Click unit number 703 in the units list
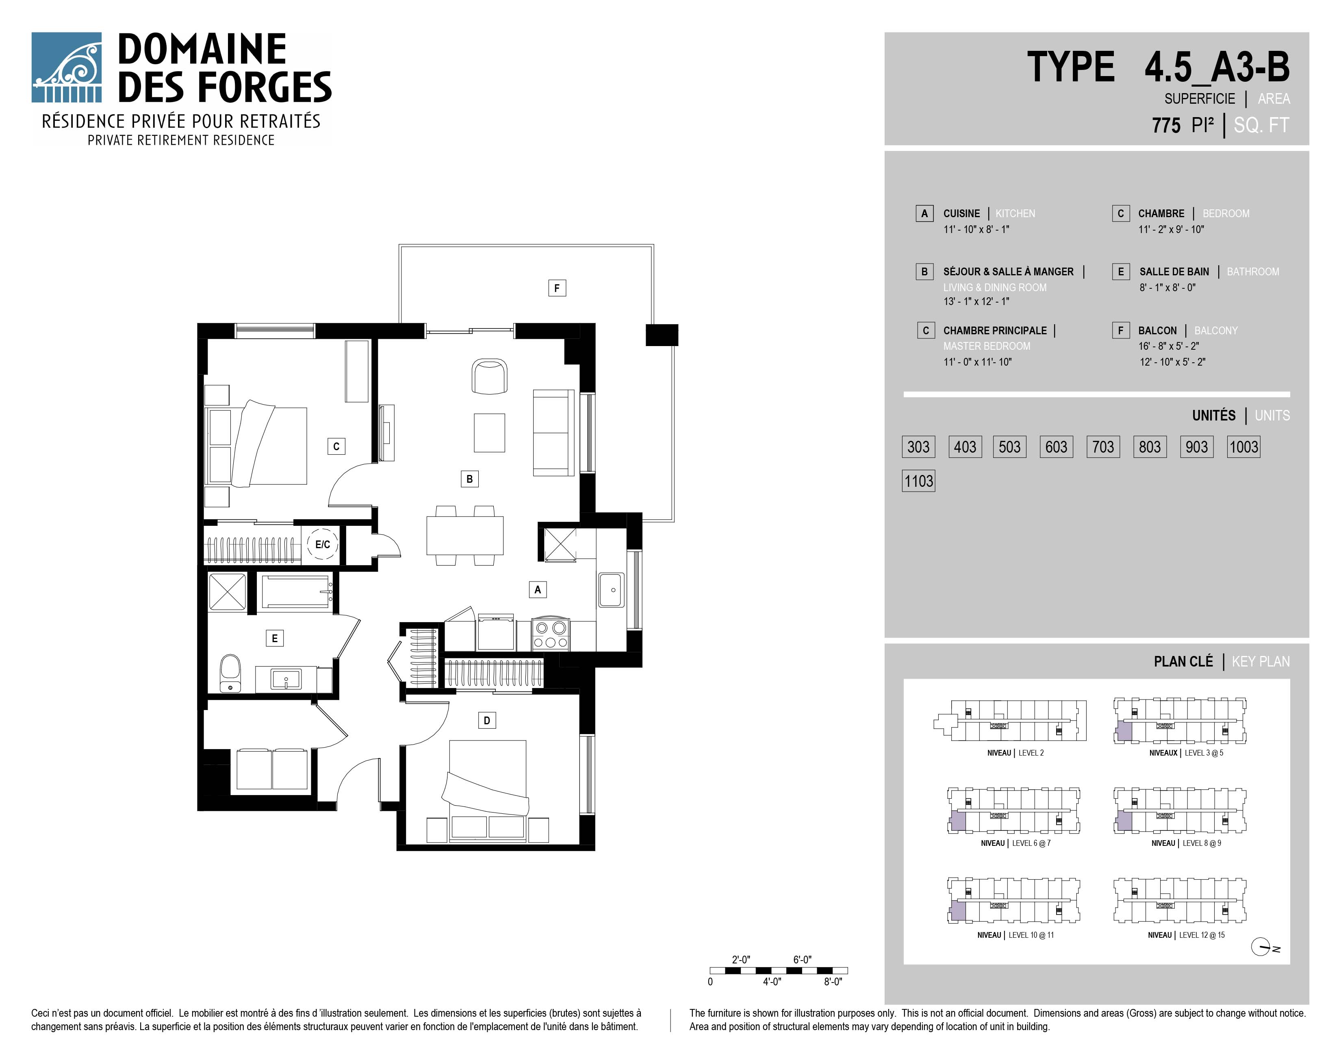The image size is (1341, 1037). tap(1103, 447)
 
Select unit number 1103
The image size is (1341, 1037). tap(918, 481)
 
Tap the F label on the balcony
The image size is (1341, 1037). tap(557, 288)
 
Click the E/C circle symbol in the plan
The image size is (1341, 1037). tap(322, 544)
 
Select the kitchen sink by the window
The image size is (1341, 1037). tap(612, 590)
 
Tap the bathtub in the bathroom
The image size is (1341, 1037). tap(296, 592)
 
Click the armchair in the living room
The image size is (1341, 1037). tap(489, 377)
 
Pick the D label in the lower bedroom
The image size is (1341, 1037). tap(487, 721)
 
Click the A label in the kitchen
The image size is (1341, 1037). tap(538, 590)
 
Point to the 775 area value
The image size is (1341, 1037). tap(1166, 125)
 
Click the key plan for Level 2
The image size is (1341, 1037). tap(1010, 721)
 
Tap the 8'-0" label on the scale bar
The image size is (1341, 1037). tap(833, 982)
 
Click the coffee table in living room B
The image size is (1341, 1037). tap(489, 433)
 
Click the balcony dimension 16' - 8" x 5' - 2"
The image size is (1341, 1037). tap(1168, 346)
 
